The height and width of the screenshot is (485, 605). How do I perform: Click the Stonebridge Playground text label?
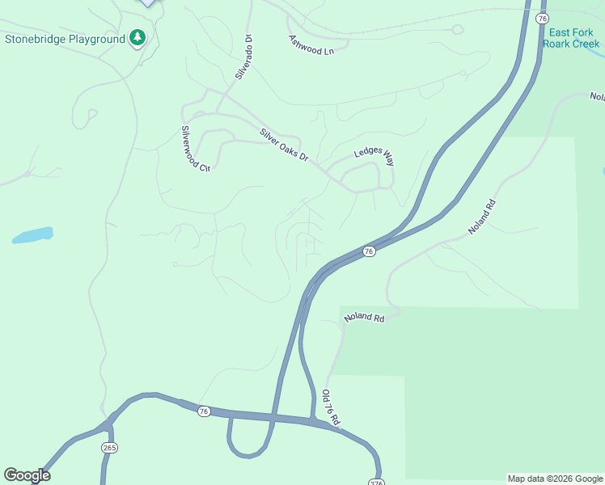[65, 39]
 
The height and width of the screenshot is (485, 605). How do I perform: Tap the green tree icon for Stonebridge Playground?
[137, 37]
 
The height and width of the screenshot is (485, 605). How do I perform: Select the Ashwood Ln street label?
[311, 44]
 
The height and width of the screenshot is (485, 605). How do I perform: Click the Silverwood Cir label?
[196, 150]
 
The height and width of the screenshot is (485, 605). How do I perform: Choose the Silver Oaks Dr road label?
[284, 144]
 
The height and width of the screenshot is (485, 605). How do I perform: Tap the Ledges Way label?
[374, 157]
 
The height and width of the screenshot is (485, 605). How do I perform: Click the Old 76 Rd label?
[330, 408]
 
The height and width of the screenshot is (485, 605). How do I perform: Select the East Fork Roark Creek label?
[571, 38]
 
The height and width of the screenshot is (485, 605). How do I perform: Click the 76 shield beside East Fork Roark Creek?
[542, 18]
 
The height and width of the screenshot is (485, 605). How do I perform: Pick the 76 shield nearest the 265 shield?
[204, 411]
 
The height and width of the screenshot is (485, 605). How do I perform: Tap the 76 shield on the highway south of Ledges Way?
[369, 251]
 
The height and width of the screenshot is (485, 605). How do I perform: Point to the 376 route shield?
[375, 482]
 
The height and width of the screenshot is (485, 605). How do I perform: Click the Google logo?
[27, 475]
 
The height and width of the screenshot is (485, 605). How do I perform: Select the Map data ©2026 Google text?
[554, 479]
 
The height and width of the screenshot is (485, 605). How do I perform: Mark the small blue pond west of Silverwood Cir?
[33, 235]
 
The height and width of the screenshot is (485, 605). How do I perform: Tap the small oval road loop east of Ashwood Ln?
[457, 30]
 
